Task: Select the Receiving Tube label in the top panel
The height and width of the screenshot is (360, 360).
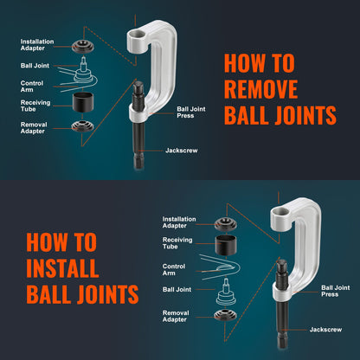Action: pos(35,105)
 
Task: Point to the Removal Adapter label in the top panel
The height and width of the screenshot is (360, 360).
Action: pos(35,127)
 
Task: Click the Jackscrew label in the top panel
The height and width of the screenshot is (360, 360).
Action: pos(183,150)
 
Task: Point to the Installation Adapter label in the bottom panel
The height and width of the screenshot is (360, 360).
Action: pos(178,222)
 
